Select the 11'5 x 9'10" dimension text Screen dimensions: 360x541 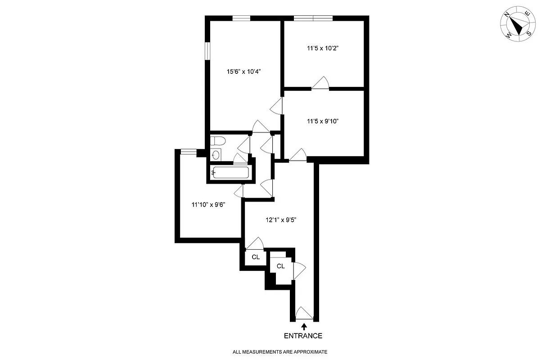click(323, 121)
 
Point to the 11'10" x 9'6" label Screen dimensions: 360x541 click(208, 204)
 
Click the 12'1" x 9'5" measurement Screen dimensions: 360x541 click(280, 220)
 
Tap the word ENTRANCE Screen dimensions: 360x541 click(303, 336)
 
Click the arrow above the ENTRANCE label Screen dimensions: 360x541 click(304, 326)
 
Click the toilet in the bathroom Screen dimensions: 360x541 click(216, 141)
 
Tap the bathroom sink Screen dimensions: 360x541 click(216, 155)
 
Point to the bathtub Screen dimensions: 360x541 click(230, 172)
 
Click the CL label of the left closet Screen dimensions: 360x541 click(256, 257)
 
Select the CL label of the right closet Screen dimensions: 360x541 click(281, 266)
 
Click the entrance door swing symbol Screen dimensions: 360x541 click(303, 313)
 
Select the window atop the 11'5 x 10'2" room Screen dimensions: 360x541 click(313, 18)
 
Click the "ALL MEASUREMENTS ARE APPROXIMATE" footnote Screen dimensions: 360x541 click(280, 351)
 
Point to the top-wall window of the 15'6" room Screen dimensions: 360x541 click(241, 18)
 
